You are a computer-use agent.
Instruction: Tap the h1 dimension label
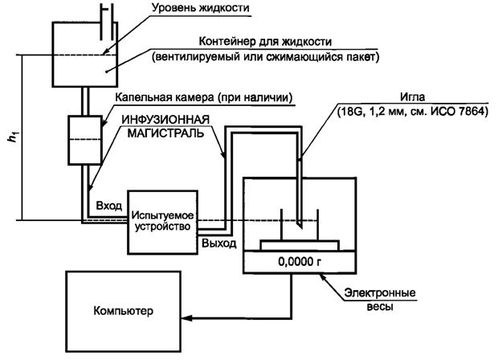tap(11, 137)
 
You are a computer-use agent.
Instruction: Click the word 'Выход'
tap(218, 241)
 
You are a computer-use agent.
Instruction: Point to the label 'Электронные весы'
tap(378, 299)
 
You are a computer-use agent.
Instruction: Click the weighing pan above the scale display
tap(298, 242)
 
